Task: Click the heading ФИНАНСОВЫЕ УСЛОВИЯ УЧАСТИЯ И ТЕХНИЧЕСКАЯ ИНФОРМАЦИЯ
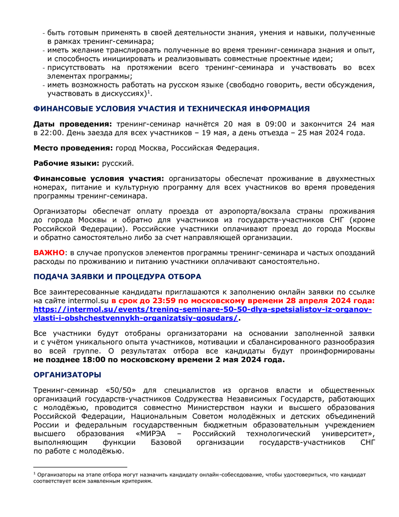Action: [x=172, y=109]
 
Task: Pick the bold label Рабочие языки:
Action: [x=66, y=163]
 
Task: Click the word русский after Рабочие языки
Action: [x=117, y=163]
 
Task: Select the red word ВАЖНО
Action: [x=49, y=253]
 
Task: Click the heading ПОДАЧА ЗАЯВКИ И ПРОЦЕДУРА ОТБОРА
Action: [x=117, y=276]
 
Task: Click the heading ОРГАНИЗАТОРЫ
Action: [x=67, y=375]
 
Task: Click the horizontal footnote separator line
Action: [x=80, y=467]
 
